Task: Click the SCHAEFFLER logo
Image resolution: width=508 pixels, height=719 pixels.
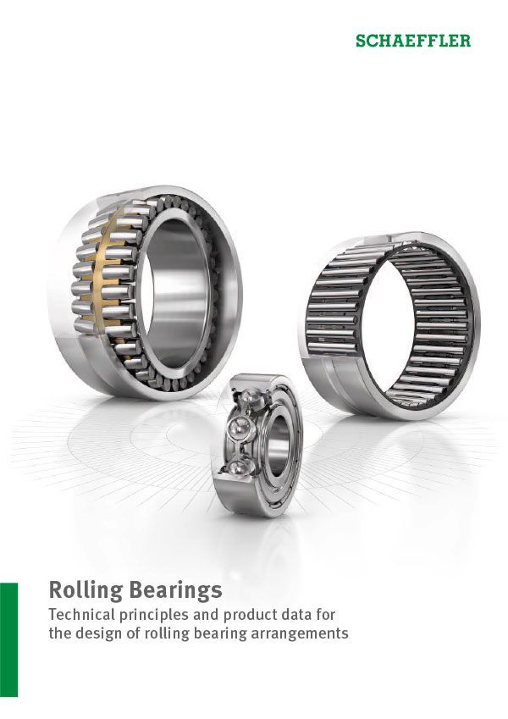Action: pos(413,41)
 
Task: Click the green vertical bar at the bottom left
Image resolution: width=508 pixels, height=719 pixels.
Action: pos(8,639)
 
